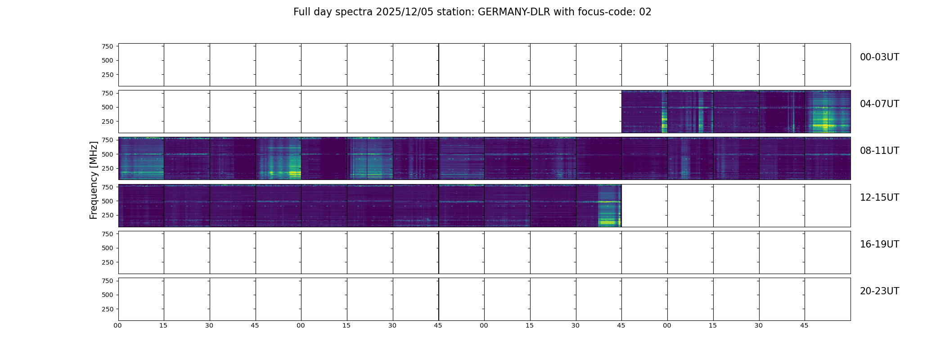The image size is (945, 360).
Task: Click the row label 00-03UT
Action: [x=879, y=57]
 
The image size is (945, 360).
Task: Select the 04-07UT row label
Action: [x=879, y=104]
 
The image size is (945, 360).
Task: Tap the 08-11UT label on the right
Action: [x=879, y=151]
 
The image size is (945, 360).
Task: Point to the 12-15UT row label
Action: [x=879, y=198]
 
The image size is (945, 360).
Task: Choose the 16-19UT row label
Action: [x=879, y=244]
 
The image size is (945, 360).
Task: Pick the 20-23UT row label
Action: [x=879, y=291]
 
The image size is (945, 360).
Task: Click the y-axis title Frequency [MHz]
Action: [x=94, y=180]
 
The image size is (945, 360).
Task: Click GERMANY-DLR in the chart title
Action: [x=514, y=12]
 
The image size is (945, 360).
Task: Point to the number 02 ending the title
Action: [x=645, y=12]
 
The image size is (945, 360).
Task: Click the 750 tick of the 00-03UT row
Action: [x=107, y=46]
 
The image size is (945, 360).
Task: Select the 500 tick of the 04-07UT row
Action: [x=107, y=108]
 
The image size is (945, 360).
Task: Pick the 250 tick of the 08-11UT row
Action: [x=107, y=169]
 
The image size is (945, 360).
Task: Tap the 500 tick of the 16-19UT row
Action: [x=107, y=248]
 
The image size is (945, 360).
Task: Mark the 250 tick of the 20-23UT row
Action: [x=107, y=309]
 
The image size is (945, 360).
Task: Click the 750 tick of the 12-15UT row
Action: [x=107, y=187]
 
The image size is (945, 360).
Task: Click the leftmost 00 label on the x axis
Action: [x=118, y=325]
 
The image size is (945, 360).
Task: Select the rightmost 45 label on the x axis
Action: [x=804, y=325]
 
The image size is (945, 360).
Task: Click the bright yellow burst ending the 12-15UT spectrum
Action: [x=608, y=222]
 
